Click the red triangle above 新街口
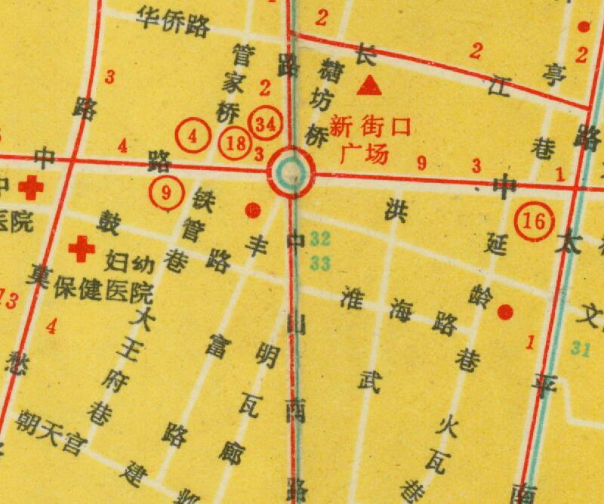click(369, 85)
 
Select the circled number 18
click(235, 143)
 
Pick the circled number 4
click(194, 137)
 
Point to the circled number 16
click(534, 221)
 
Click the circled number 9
click(167, 191)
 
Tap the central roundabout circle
click(292, 172)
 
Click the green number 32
click(320, 240)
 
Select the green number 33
click(320, 264)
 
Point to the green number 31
click(580, 348)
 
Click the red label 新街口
click(370, 126)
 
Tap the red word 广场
click(364, 153)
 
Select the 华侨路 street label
click(173, 22)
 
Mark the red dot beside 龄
click(505, 311)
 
